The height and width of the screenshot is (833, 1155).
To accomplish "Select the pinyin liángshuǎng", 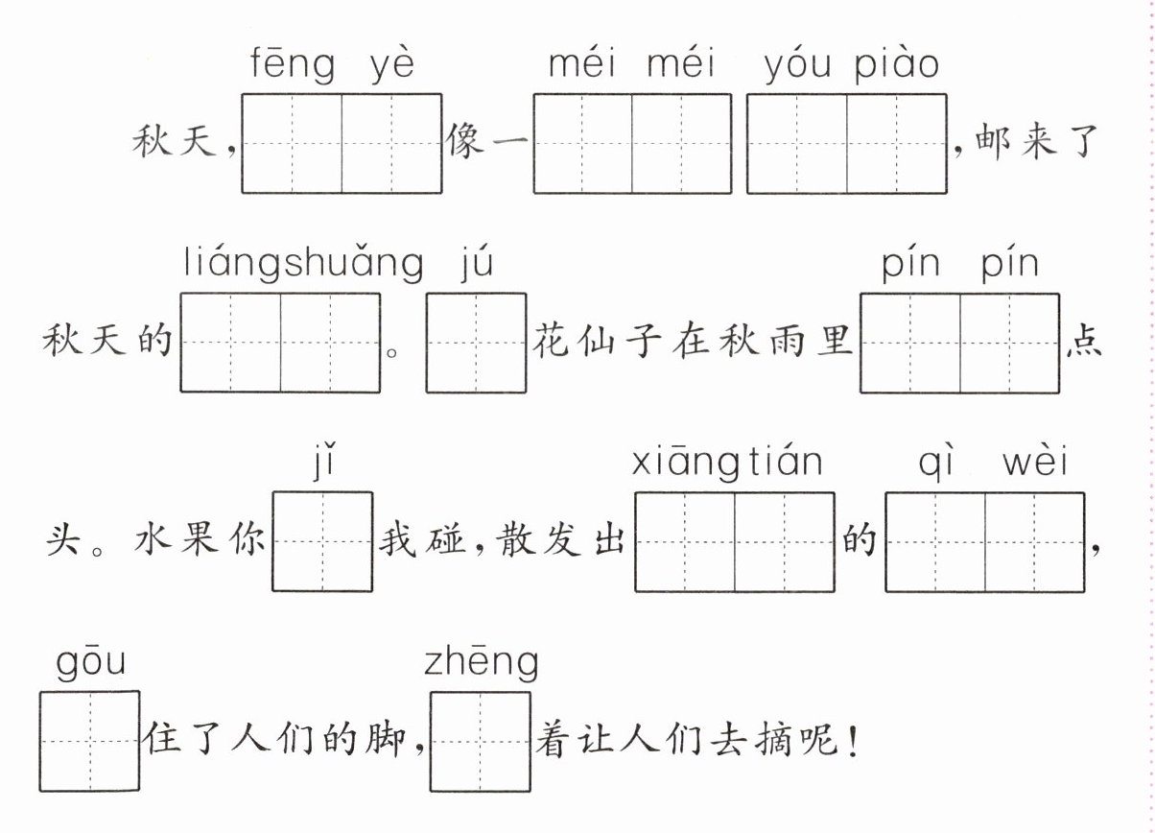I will click(303, 264).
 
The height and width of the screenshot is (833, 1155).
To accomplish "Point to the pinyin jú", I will click(477, 264).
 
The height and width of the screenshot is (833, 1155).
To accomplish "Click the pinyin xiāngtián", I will click(727, 464).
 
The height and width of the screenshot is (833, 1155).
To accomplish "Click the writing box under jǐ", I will click(322, 541).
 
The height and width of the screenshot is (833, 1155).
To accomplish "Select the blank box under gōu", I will click(89, 741).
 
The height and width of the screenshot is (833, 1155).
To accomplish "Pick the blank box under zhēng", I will click(480, 741).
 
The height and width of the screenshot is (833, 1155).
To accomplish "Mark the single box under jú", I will click(476, 343).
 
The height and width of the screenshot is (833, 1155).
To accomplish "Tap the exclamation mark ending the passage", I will click(853, 742).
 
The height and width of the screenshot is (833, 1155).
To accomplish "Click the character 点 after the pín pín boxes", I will click(1083, 343).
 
